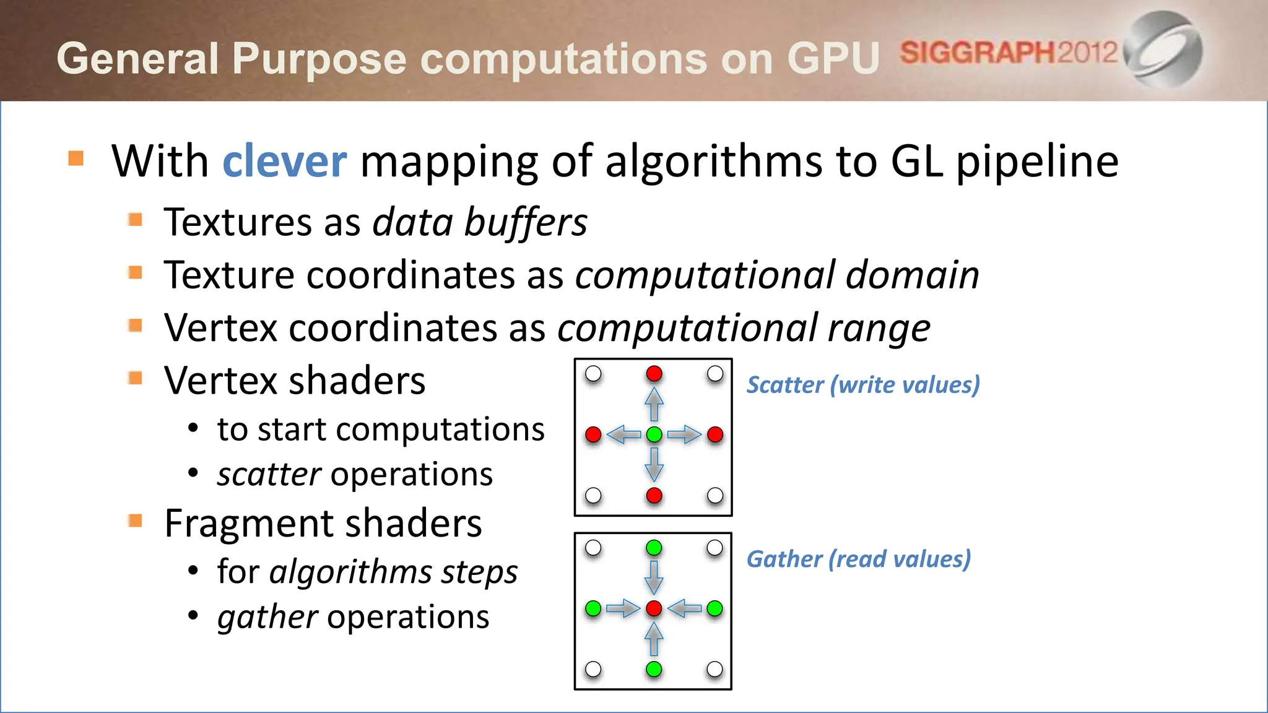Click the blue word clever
pos(284,161)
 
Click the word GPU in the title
pos(833,59)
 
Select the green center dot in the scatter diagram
pos(654,434)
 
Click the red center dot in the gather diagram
pos(654,608)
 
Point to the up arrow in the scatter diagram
pos(654,404)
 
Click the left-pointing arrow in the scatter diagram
pos(623,434)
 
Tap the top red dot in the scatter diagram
pos(654,374)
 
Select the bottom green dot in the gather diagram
pos(654,669)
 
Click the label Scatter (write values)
pos(863,385)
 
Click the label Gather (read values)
pos(858,559)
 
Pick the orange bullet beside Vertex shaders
pos(135,378)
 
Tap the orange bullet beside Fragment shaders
pos(135,521)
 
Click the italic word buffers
pos(525,222)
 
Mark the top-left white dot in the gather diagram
pos(593,548)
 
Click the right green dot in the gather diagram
pos(714,608)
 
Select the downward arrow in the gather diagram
pos(654,577)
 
